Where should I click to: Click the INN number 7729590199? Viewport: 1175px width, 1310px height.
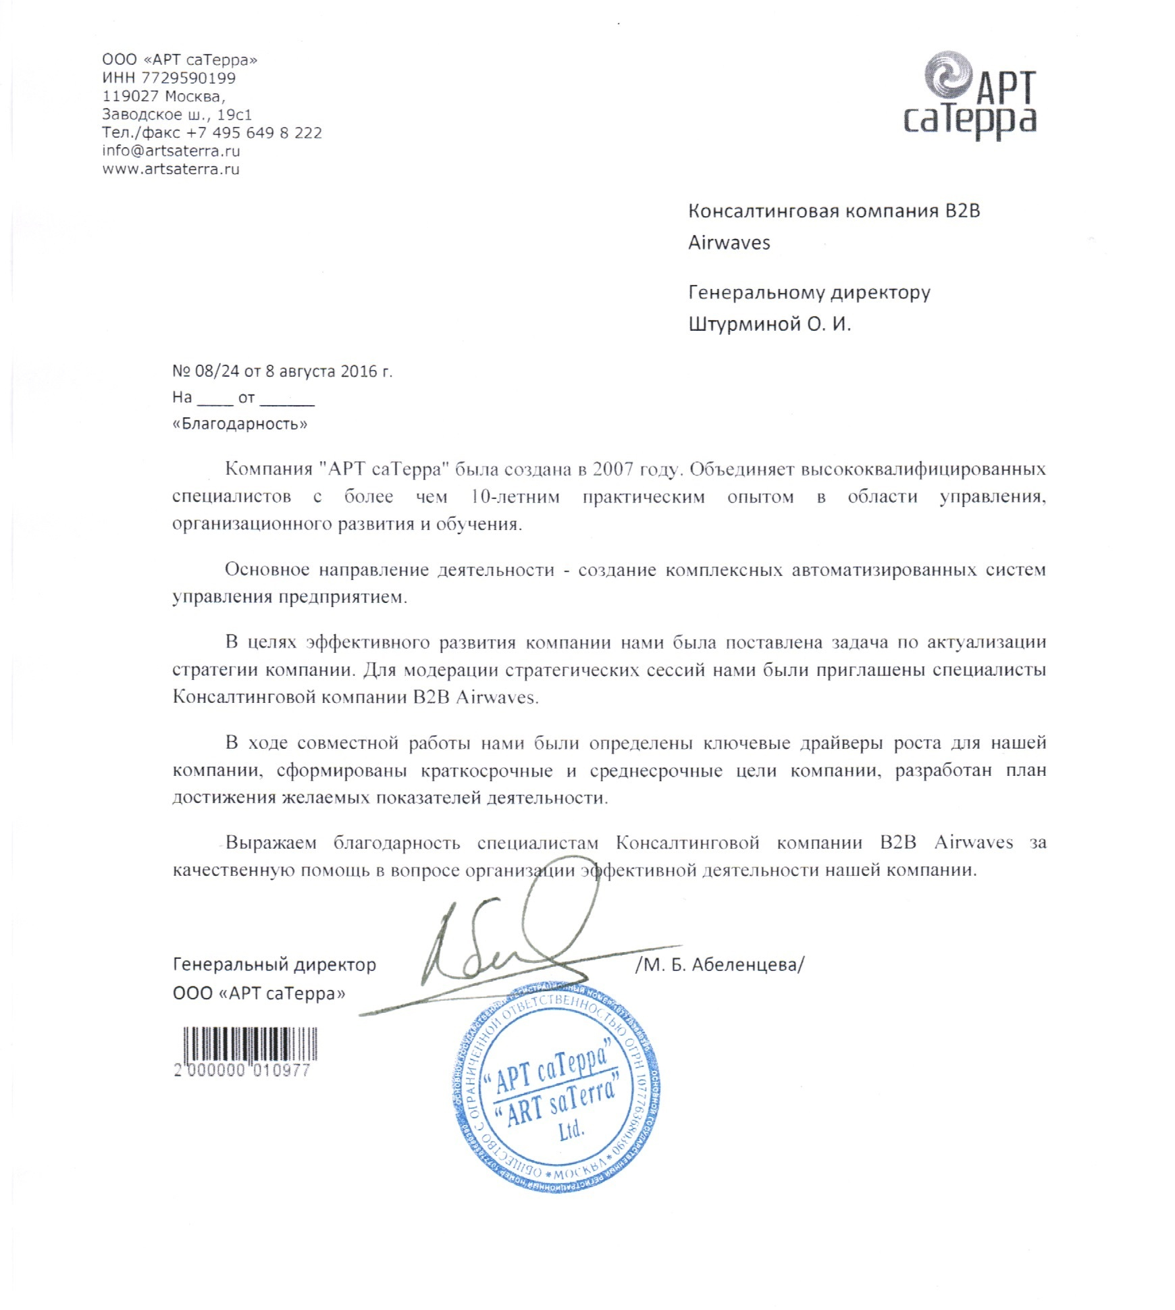(x=188, y=78)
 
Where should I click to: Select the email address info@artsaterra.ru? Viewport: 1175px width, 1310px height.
(x=171, y=151)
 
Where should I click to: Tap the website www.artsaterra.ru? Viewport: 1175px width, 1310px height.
(x=171, y=169)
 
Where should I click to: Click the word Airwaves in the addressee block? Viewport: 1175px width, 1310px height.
(x=729, y=243)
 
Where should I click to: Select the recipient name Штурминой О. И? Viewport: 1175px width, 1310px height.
(x=769, y=325)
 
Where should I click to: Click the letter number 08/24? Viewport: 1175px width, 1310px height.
(x=217, y=371)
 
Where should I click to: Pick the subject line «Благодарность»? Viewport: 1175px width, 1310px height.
(x=240, y=424)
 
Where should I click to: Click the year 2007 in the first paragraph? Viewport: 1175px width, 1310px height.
(x=612, y=469)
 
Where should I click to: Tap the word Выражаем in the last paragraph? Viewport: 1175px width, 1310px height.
(x=270, y=843)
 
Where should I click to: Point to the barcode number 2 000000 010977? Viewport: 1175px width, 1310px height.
(x=242, y=1070)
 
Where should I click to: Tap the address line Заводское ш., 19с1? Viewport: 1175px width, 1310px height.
(x=177, y=114)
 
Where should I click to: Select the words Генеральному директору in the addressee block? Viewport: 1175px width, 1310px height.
(x=809, y=292)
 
